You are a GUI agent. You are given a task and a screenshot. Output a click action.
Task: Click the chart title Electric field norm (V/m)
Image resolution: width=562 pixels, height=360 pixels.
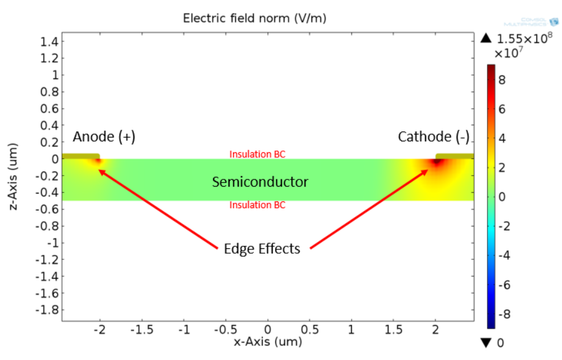tap(254, 18)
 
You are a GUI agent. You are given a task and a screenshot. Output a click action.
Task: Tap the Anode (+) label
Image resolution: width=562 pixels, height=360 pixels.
tap(104, 137)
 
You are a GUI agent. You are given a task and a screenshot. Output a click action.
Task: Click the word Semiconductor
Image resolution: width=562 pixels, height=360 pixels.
tap(260, 182)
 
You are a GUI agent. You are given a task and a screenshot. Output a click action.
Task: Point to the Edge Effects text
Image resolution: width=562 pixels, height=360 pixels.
tap(262, 249)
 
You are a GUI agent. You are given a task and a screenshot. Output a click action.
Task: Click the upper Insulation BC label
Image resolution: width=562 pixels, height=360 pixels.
tap(257, 154)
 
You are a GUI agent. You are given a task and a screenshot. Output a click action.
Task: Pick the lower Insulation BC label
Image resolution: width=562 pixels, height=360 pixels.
tap(257, 205)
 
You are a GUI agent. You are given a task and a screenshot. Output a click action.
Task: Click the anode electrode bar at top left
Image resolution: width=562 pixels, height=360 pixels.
tap(81, 156)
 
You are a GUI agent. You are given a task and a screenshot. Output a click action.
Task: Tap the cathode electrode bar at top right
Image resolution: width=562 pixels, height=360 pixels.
tap(454, 156)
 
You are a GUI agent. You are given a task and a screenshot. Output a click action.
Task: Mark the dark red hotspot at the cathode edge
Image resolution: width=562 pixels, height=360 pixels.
tap(437, 163)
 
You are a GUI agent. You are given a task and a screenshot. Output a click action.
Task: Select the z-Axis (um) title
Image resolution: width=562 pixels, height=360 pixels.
tap(14, 178)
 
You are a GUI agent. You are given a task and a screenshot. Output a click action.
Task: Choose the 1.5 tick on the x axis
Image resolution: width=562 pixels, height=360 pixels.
tap(393, 330)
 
